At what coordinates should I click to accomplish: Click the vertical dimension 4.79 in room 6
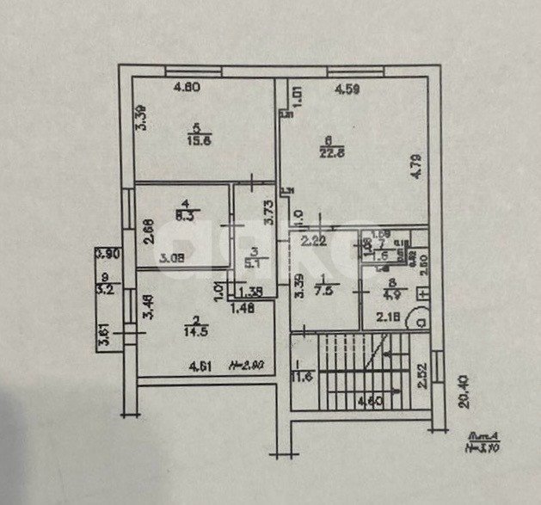tap(416, 164)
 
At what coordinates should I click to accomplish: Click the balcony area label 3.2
tap(104, 290)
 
